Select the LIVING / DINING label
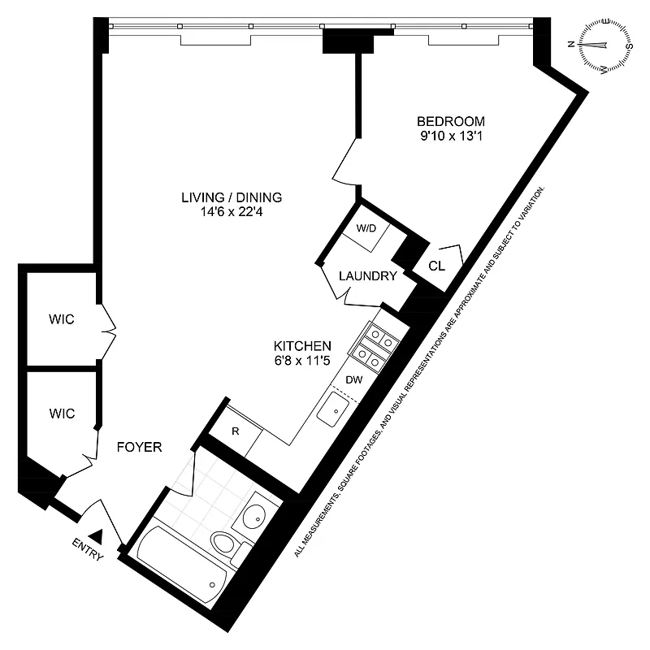tap(231, 197)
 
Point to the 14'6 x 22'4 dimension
tap(231, 213)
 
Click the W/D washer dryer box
tap(367, 228)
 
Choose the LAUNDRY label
tap(367, 276)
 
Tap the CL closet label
tap(435, 266)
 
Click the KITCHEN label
tap(301, 344)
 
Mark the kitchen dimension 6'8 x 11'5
tap(301, 360)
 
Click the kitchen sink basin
tap(331, 412)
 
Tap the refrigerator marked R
tap(235, 431)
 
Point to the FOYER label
tap(140, 447)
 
